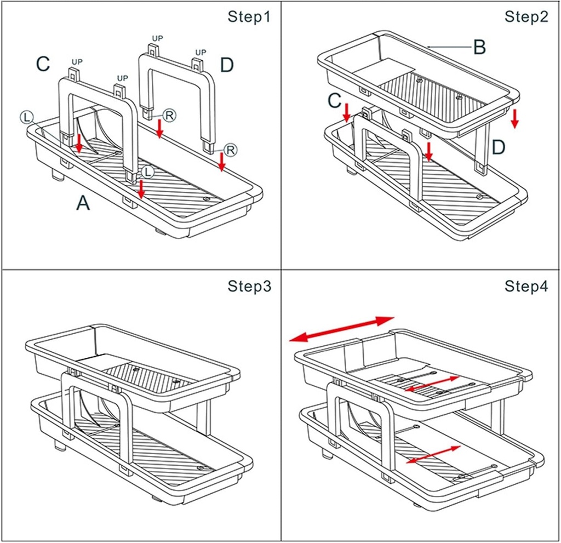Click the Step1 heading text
pos(249,17)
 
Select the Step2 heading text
pos(526,17)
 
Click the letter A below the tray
pos(83,203)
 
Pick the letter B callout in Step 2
pos(479,48)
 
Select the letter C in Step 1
pos(44,64)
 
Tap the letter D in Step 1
pos(227,65)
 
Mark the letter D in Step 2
pos(499,147)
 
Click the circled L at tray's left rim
pos(27,116)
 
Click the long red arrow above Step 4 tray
pos(341,329)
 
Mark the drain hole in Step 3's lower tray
pos(201,468)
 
